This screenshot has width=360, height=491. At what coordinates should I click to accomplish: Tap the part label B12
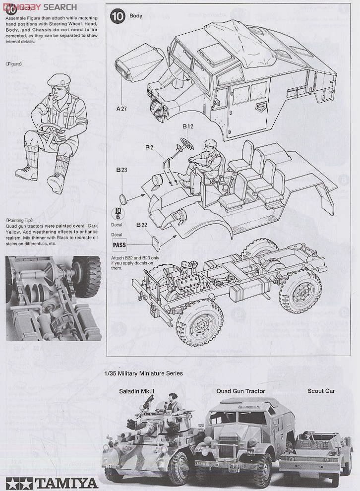point(187,126)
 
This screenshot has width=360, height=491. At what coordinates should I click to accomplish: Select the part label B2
point(149,147)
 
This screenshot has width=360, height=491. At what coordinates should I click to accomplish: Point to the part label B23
point(122,170)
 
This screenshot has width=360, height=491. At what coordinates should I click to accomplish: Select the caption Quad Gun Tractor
point(240,391)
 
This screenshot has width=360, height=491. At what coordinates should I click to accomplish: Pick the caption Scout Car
point(321,391)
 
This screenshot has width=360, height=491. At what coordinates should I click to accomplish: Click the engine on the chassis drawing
point(191,283)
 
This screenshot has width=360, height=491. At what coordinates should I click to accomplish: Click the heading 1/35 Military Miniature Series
point(143,373)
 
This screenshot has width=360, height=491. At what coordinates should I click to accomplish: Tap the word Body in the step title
point(136,16)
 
